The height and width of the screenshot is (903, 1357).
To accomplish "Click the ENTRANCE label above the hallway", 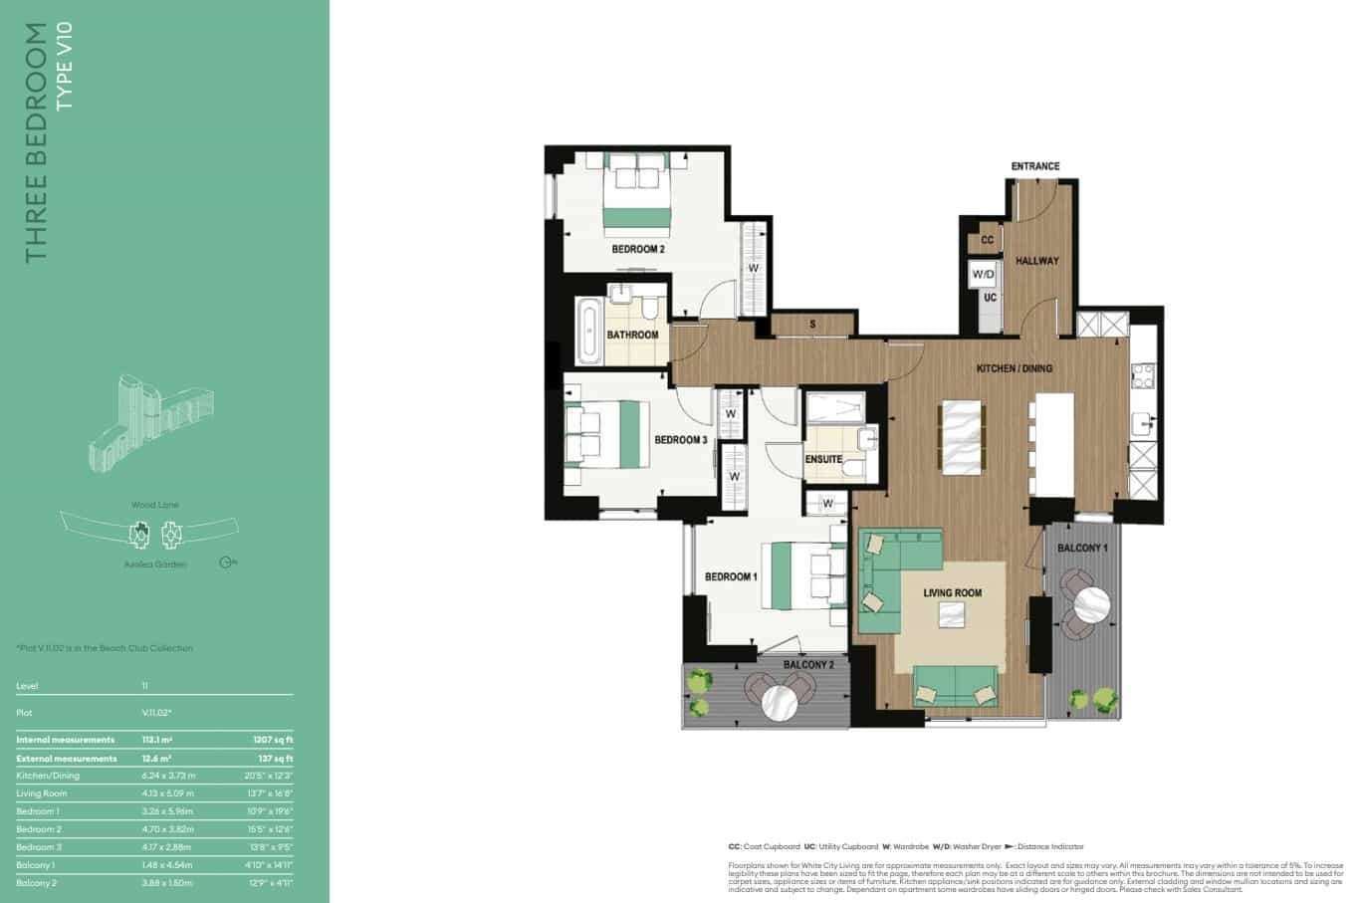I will pyautogui.click(x=1034, y=166).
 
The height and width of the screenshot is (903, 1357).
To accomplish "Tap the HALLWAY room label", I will pyautogui.click(x=1036, y=261).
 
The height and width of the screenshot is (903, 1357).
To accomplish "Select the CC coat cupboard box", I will pyautogui.click(x=987, y=241).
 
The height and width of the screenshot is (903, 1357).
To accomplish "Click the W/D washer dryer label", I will pyautogui.click(x=984, y=274).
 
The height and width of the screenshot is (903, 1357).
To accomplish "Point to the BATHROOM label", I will pyautogui.click(x=633, y=335).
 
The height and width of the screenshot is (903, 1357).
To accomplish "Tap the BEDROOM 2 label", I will pyautogui.click(x=637, y=249).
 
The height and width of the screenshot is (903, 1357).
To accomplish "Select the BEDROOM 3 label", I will pyautogui.click(x=680, y=440).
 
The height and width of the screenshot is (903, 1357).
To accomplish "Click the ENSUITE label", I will pyautogui.click(x=823, y=460).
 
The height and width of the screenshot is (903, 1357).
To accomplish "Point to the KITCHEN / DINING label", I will pyautogui.click(x=1014, y=368).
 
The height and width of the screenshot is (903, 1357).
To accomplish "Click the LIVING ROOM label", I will pyautogui.click(x=952, y=593).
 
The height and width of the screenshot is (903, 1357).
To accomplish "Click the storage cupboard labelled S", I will pyautogui.click(x=812, y=325).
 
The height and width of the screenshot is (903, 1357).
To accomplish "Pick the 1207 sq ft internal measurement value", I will pyautogui.click(x=275, y=740).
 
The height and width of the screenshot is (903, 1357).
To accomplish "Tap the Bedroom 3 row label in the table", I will pyautogui.click(x=40, y=847).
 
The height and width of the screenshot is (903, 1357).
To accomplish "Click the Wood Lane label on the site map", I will pyautogui.click(x=155, y=505).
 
